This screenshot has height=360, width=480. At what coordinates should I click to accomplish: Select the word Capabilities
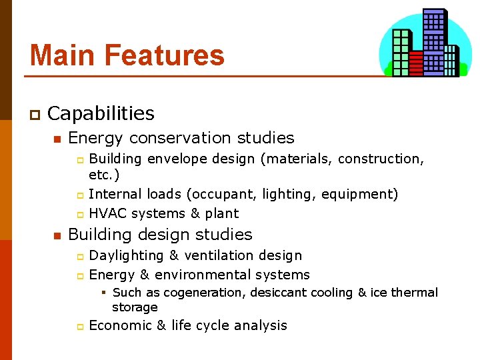pos(101,114)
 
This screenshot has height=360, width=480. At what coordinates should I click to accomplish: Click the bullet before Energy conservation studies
pos(57,139)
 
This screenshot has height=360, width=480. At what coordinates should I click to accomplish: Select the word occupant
pos(222,195)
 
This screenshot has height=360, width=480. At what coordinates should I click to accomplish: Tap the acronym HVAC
pos(108,214)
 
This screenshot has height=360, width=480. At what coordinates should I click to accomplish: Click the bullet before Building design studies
pos(57,236)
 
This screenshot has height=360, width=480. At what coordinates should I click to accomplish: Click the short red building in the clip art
pos(416,63)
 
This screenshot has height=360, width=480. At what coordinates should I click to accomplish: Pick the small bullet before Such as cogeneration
pos(104,293)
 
